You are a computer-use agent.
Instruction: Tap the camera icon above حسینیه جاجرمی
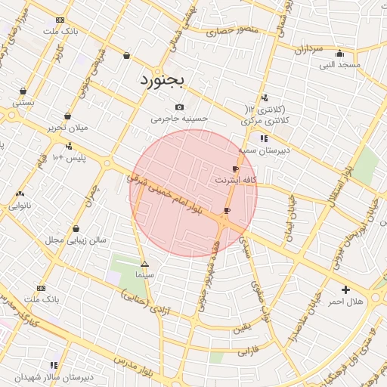coord(179,107)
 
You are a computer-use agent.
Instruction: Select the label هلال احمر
coord(345,302)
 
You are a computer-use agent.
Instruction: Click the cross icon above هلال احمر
coord(345,289)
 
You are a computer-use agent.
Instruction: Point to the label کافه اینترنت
coord(236,181)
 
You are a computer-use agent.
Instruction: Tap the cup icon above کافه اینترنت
coord(236,169)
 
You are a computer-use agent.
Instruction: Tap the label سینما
coord(144,276)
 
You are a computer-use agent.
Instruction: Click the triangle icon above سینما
coord(144,265)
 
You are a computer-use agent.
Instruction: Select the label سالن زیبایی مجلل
coord(76,240)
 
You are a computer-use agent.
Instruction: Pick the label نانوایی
coord(20,205)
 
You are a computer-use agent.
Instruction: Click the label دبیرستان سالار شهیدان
coord(54,376)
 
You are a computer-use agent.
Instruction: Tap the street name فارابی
coord(249,351)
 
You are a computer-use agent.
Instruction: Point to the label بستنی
coord(23,101)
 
